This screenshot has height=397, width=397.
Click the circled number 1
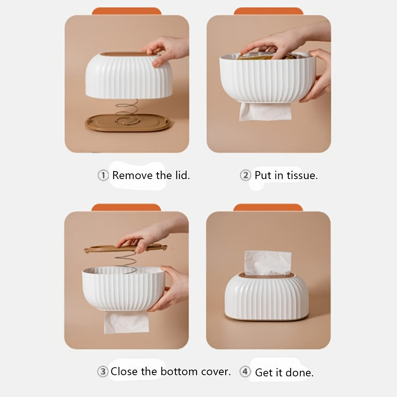tap(103, 175)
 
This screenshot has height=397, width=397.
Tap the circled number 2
tap(245, 175)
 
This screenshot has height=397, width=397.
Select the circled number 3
tap(103, 372)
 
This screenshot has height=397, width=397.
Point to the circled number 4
tap(245, 372)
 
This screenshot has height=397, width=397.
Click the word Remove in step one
tap(133, 175)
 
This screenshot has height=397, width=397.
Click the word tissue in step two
tap(302, 175)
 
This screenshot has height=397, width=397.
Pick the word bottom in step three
tap(179, 372)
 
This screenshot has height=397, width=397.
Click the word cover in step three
tap(216, 372)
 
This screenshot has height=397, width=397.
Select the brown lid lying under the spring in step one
tap(127, 123)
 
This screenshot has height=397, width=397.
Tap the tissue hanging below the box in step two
tap(265, 111)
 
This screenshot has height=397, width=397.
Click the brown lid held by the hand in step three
tap(125, 248)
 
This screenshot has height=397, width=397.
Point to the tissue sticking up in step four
tap(268, 263)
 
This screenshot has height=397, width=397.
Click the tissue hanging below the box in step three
tap(126, 322)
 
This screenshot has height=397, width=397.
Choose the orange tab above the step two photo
tap(268, 11)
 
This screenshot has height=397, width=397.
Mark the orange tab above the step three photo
tap(126, 207)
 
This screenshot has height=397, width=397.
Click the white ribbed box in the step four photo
tap(267, 297)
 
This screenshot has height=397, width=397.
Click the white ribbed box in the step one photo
tap(129, 75)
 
